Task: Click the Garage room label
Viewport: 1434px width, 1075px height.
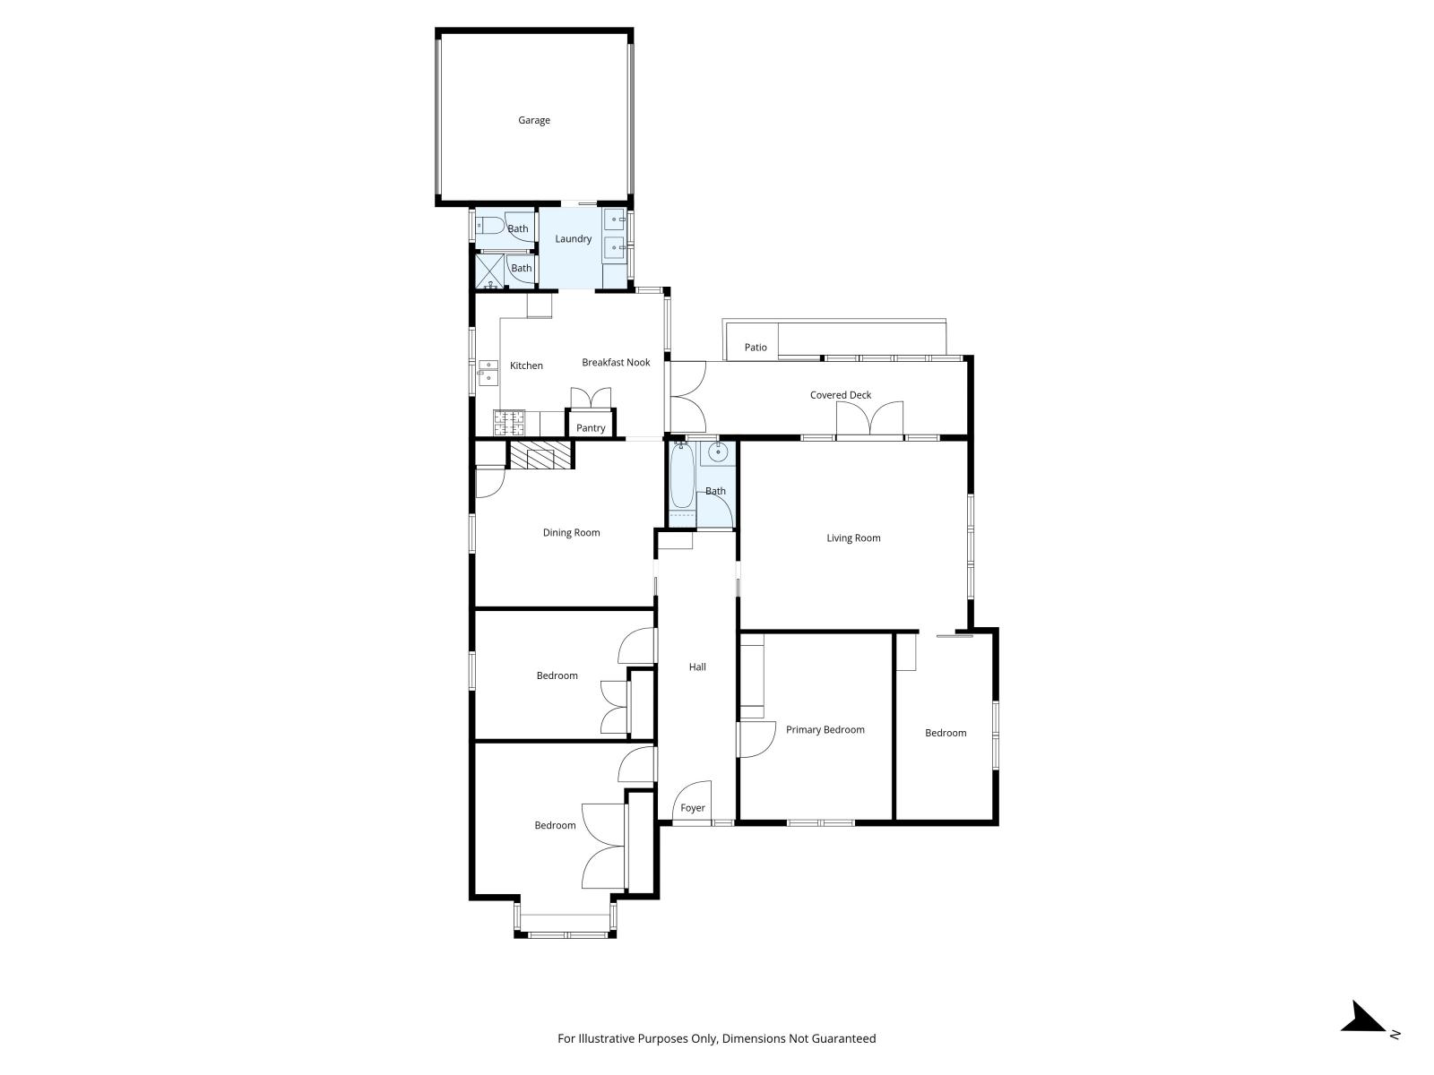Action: pyautogui.click(x=533, y=120)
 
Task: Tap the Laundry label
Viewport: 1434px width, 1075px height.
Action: pyautogui.click(x=573, y=238)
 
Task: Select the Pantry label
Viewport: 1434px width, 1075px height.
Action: pyautogui.click(x=591, y=428)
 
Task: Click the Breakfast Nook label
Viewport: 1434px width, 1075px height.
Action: pyautogui.click(x=616, y=362)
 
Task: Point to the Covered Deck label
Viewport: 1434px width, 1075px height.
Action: pyautogui.click(x=840, y=395)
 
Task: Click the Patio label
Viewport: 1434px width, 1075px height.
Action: pyautogui.click(x=756, y=347)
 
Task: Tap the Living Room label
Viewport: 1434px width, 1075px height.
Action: pyautogui.click(x=853, y=537)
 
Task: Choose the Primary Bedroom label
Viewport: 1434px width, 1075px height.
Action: pyautogui.click(x=825, y=729)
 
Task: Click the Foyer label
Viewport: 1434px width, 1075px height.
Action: pyautogui.click(x=693, y=807)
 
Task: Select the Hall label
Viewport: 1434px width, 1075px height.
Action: pyautogui.click(x=697, y=666)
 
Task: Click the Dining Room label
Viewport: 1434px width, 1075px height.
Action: pyautogui.click(x=571, y=532)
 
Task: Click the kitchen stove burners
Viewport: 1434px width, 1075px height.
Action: pyautogui.click(x=509, y=419)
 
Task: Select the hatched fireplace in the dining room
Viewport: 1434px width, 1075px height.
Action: pyautogui.click(x=540, y=456)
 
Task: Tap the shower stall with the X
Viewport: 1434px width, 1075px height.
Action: pyautogui.click(x=489, y=271)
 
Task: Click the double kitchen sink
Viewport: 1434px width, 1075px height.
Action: pyautogui.click(x=488, y=371)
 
